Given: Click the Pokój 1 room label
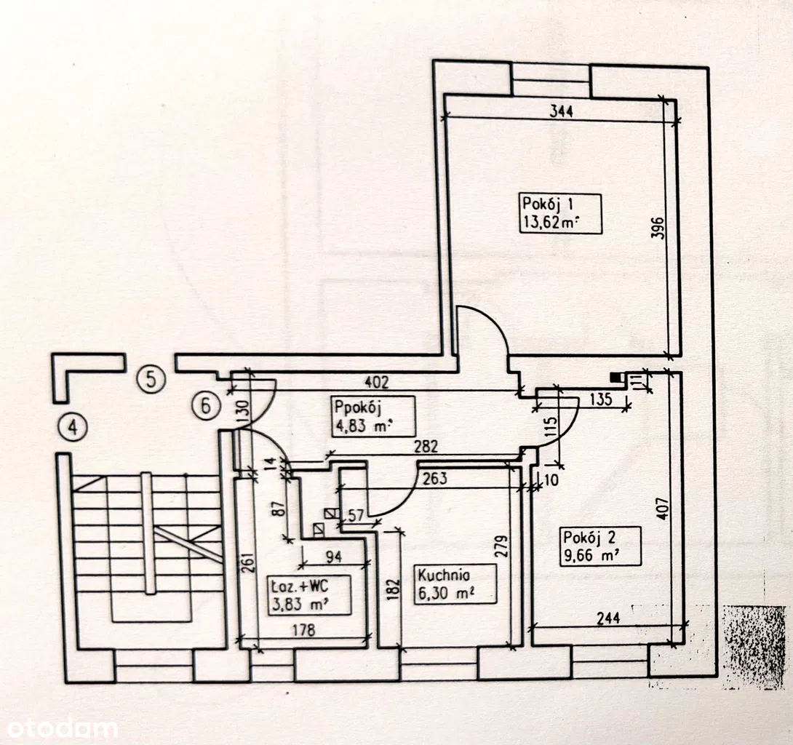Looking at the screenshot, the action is (x=561, y=212).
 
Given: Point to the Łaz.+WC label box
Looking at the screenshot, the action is (x=309, y=595).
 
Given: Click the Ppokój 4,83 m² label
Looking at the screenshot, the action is (x=374, y=416).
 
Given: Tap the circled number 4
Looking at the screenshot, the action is (x=73, y=427).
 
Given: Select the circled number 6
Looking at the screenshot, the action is (x=205, y=405).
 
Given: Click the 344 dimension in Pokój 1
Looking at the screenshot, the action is (x=562, y=111).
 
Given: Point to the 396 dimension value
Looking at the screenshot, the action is (x=656, y=228).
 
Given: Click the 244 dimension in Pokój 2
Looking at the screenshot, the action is (x=607, y=618).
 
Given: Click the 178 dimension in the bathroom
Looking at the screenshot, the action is (x=303, y=630).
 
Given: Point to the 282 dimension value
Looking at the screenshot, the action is (x=425, y=447).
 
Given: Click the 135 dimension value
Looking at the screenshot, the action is (x=599, y=399).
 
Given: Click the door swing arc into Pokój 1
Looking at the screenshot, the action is (x=490, y=324).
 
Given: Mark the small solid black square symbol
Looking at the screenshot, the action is (x=616, y=377).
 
